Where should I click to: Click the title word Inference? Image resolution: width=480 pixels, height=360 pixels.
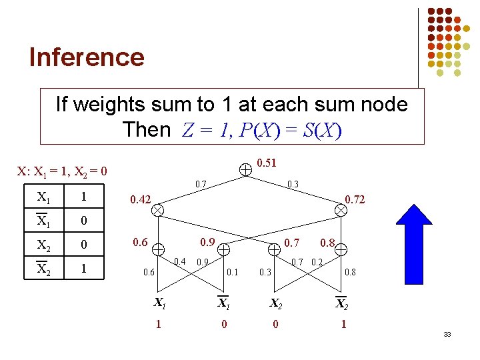tap(87, 57)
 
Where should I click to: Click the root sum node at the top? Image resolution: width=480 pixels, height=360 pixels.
tap(246, 169)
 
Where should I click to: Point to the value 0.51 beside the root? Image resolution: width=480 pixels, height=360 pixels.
tap(267, 161)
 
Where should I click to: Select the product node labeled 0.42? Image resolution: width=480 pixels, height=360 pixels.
tap(158, 209)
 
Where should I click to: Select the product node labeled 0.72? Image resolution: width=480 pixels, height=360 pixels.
tap(341, 209)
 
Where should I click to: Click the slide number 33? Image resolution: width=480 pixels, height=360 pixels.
tap(447, 333)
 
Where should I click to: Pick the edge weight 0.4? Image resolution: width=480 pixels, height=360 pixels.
tap(179, 261)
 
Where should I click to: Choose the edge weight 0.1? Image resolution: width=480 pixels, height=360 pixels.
tap(232, 272)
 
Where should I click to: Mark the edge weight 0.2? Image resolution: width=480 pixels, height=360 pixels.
tap(317, 261)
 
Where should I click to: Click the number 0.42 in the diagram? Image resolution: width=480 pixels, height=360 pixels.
tap(141, 199)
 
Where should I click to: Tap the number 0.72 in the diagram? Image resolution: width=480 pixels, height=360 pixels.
tap(354, 199)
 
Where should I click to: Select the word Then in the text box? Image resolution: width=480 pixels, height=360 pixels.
tap(147, 129)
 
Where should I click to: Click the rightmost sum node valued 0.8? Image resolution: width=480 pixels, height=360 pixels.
tap(341, 250)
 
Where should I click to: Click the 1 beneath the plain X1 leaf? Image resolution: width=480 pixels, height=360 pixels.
tap(158, 324)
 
